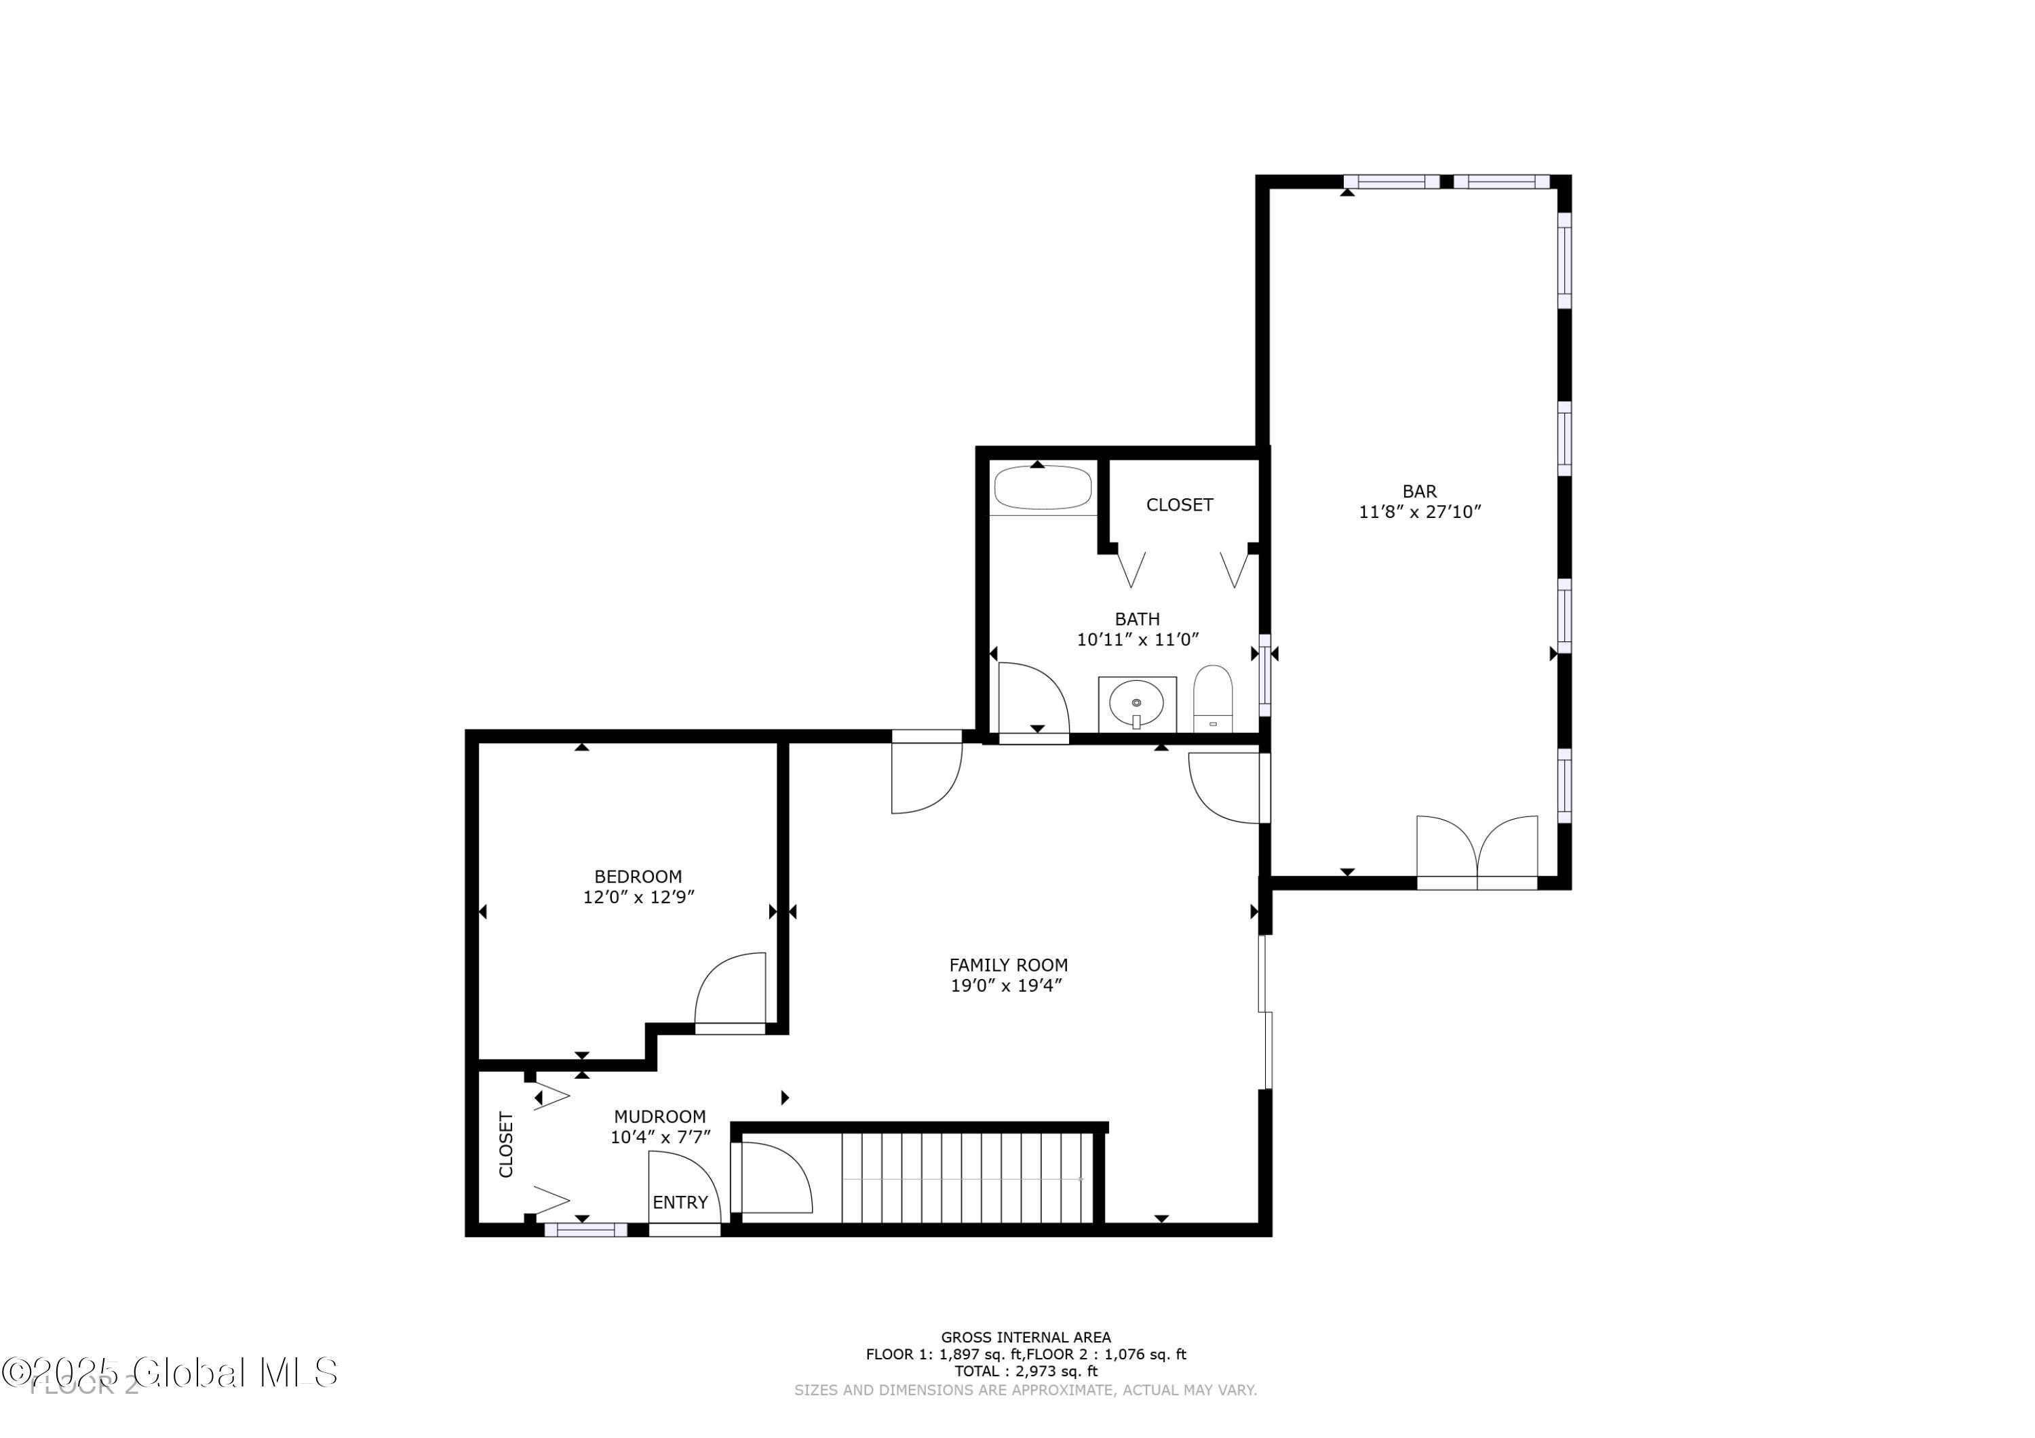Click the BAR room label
[x=1419, y=491]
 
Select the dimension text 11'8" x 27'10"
[x=1419, y=512]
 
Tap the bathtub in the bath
[x=1043, y=488]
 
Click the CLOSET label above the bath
[x=1179, y=505]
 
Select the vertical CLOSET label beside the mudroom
[x=506, y=1144]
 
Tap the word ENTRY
[x=680, y=1202]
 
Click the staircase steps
[x=966, y=1178]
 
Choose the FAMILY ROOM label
[x=1008, y=965]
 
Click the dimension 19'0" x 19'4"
[x=1006, y=986]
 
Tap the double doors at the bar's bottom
[x=1477, y=851]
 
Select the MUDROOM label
[x=659, y=1117]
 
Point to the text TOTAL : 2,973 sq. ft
[x=1026, y=1371]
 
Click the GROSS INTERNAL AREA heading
[x=1026, y=1337]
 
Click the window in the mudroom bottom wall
[x=585, y=1230]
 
